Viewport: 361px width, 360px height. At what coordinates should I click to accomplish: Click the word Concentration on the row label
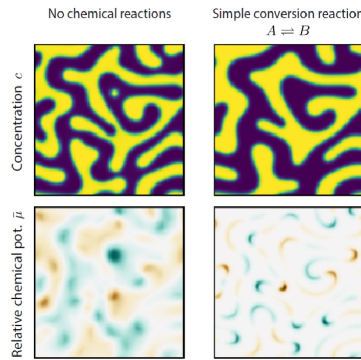(18, 129)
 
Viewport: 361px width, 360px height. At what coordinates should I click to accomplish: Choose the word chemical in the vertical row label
(18, 284)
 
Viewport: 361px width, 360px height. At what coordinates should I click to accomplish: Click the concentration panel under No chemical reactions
(109, 119)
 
